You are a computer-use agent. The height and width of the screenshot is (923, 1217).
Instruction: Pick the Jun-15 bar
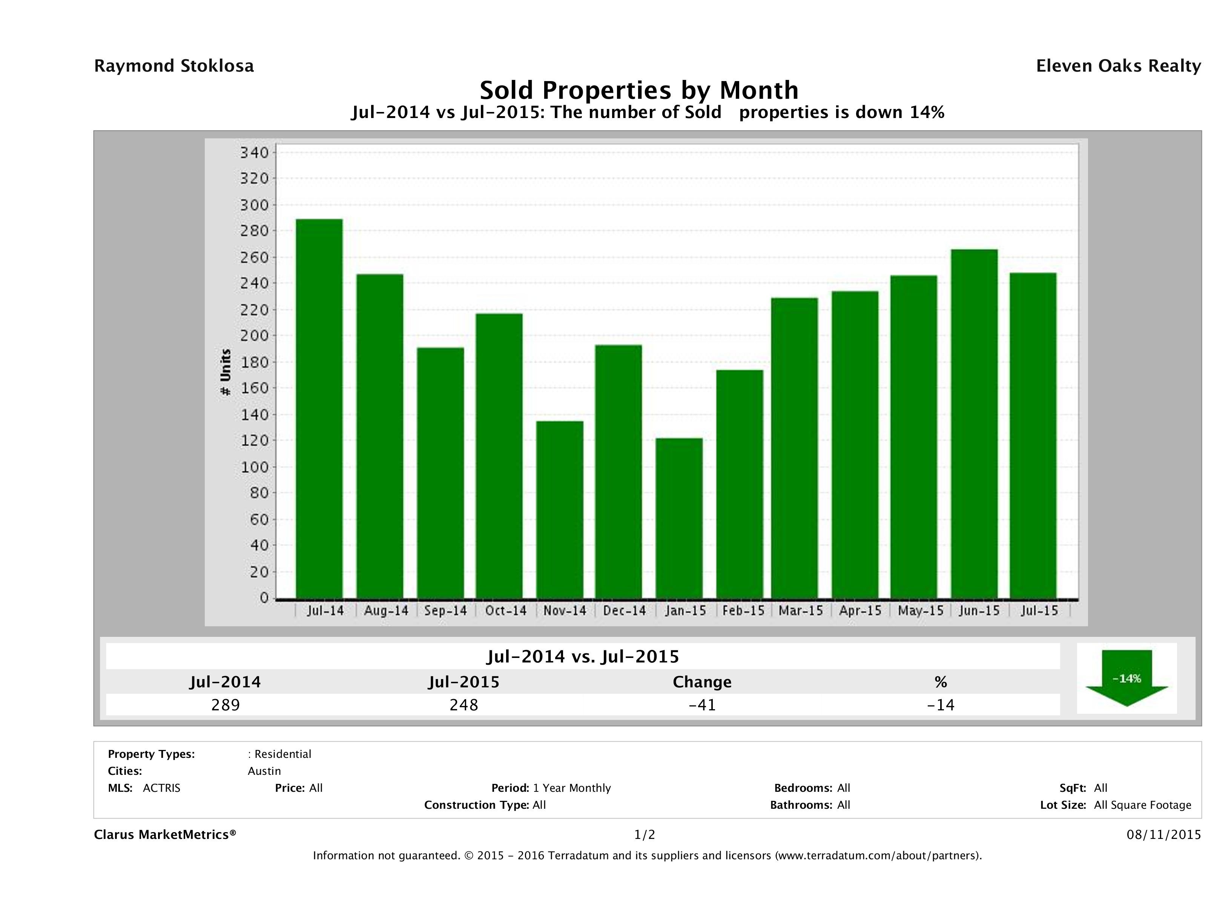pyautogui.click(x=974, y=423)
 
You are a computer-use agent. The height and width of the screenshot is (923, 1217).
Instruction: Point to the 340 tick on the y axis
pyautogui.click(x=254, y=152)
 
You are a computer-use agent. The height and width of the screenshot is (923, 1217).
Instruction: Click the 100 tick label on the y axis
pyautogui.click(x=254, y=467)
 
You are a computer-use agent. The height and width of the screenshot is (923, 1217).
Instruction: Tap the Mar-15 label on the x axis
pyautogui.click(x=801, y=610)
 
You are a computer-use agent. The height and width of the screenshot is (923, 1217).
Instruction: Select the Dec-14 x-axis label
pyautogui.click(x=625, y=610)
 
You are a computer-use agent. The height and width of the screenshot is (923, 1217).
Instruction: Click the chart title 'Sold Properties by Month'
pyautogui.click(x=639, y=90)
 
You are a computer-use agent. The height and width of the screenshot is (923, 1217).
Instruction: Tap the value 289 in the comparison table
pyautogui.click(x=226, y=705)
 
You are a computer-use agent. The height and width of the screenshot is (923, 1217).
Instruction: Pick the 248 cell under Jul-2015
pyautogui.click(x=464, y=705)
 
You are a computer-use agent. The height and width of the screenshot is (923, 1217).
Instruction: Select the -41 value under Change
pyautogui.click(x=702, y=705)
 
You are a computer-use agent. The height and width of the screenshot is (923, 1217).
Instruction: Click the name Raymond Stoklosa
pyautogui.click(x=174, y=66)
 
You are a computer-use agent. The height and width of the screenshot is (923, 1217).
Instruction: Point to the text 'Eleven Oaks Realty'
pyautogui.click(x=1118, y=66)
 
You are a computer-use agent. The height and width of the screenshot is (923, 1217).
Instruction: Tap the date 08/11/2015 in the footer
pyautogui.click(x=1163, y=834)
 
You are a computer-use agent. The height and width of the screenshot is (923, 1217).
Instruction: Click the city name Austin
pyautogui.click(x=264, y=771)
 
